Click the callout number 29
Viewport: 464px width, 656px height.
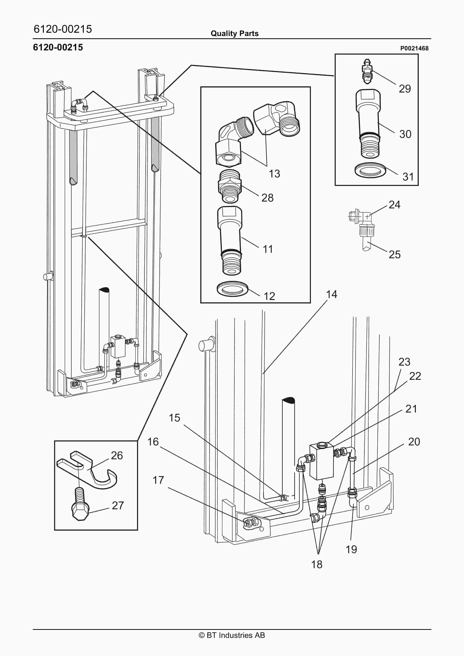tap(405, 89)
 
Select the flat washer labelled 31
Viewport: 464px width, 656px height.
tap(370, 170)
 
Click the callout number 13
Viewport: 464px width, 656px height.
tap(274, 174)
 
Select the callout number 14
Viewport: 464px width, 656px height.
tap(332, 294)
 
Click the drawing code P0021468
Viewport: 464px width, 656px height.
tap(414, 48)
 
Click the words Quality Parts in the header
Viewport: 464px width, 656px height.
tap(235, 34)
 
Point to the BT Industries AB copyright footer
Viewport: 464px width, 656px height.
tap(232, 635)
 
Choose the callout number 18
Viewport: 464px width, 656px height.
tap(317, 564)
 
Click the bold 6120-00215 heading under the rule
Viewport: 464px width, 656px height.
tap(58, 47)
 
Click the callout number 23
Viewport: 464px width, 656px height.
tap(404, 362)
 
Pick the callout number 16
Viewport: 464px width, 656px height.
tap(153, 442)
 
